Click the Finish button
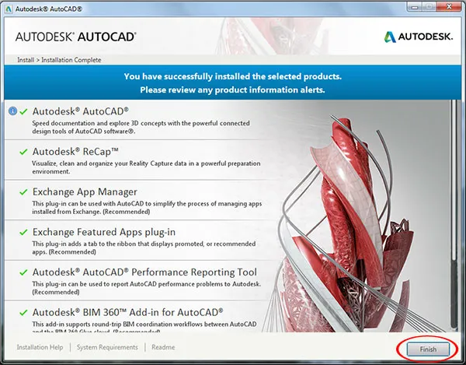(429, 349)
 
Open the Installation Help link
(40, 347)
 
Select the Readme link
(163, 347)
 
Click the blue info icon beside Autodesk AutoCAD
(12, 111)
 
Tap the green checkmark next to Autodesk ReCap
(24, 151)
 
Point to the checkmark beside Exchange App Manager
(24, 191)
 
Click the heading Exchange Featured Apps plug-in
(103, 232)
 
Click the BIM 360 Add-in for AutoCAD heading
(127, 312)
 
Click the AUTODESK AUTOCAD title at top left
(76, 37)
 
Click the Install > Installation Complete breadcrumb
(59, 60)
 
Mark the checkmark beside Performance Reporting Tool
(24, 272)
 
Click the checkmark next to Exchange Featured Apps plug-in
(24, 232)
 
